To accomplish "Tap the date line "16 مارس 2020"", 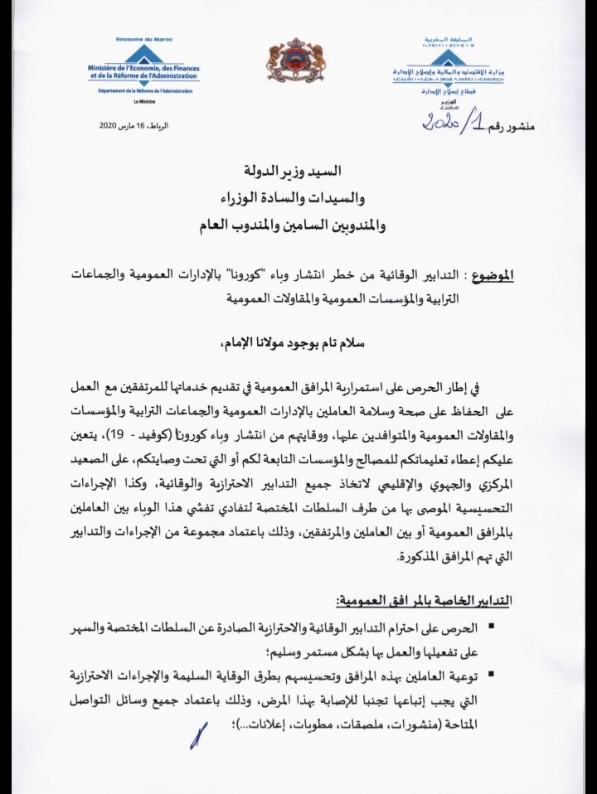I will pos(133,125).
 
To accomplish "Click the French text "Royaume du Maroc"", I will pos(138,40).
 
